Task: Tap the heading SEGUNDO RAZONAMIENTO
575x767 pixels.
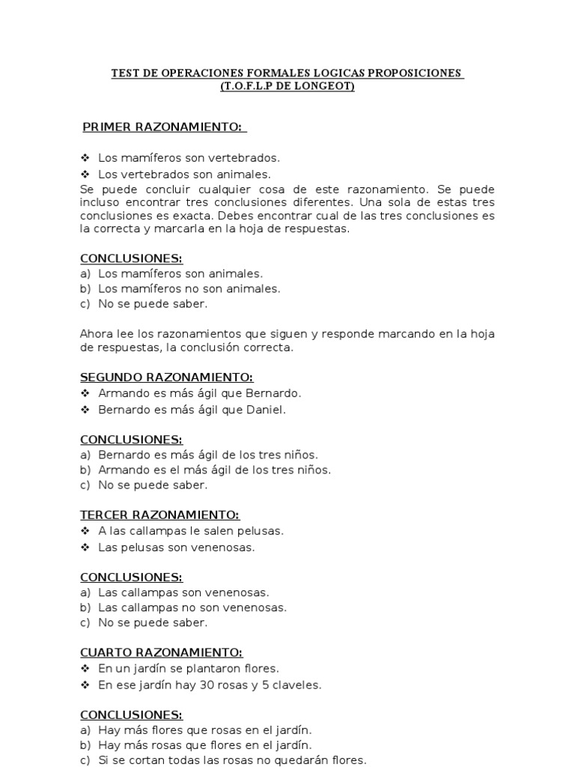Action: [x=166, y=378]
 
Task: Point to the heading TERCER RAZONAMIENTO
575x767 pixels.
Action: [x=159, y=515]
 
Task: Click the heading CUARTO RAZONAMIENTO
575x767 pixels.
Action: [x=161, y=653]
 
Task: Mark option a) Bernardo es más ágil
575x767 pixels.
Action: [x=198, y=455]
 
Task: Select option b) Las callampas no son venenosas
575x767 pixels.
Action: [x=183, y=607]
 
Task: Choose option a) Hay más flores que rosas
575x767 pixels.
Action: [x=195, y=730]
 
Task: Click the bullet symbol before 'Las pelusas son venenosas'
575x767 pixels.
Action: [x=85, y=548]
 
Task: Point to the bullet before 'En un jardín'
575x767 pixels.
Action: [x=85, y=668]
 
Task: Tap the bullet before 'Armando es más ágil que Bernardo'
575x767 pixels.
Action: [x=85, y=393]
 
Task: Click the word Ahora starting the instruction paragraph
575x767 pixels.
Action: [x=97, y=333]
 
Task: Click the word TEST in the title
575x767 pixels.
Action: [x=125, y=73]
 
